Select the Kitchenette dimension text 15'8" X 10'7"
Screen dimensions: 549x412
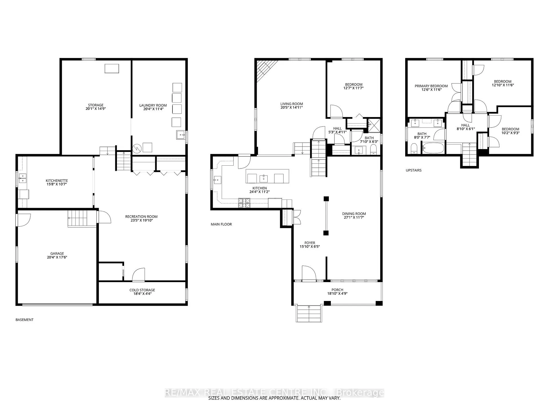[57, 184]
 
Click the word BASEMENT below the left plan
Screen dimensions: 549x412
[25, 320]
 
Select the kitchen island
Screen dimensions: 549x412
[267, 176]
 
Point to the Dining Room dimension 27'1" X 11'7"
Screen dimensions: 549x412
[354, 217]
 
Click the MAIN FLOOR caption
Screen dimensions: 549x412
[221, 224]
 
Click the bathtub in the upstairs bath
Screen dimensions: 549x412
[433, 148]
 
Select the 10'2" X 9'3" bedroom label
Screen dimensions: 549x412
[510, 133]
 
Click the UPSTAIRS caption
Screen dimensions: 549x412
[413, 170]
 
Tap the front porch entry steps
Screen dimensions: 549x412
[309, 314]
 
